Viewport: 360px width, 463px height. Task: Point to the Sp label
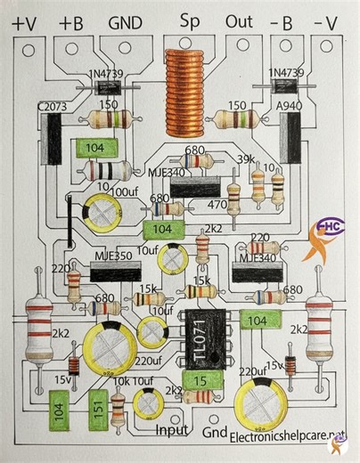tap(189, 20)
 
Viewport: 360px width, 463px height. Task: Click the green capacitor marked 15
tap(201, 381)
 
